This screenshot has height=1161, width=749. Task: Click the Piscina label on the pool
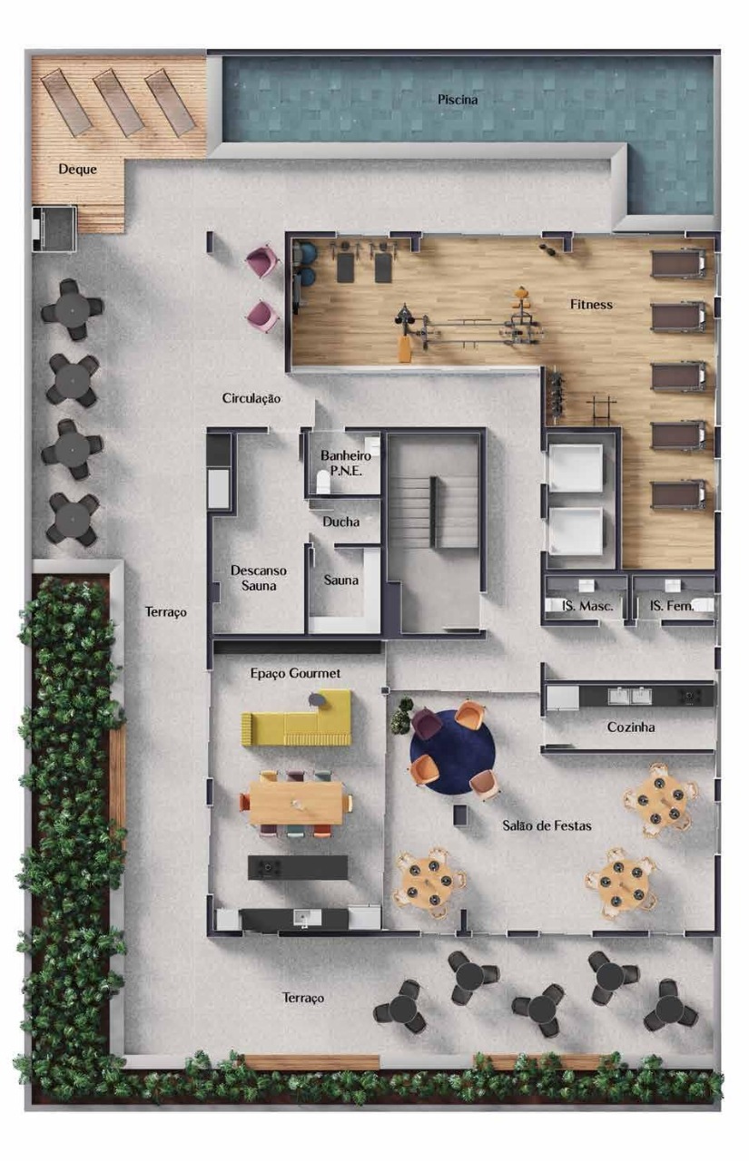pos(457,100)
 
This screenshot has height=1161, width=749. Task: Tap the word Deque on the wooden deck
pos(77,169)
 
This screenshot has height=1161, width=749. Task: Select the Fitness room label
pos(591,304)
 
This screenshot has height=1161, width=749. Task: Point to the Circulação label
pos(251,398)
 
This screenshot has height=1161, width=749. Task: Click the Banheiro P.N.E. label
pos(346,463)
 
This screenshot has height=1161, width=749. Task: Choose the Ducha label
pos(340,522)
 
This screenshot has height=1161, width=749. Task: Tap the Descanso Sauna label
pos(259,578)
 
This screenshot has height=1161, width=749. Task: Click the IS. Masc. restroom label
pos(587,605)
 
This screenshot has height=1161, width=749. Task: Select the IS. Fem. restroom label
pos(672,605)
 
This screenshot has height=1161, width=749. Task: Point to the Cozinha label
pos(631,727)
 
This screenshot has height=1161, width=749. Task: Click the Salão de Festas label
pos(547,825)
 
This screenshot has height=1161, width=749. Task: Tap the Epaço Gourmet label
pos(295,673)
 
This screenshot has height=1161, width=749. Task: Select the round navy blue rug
pos(452,752)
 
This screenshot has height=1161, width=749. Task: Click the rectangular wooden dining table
pos(296,803)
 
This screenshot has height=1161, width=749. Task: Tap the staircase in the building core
pos(435,512)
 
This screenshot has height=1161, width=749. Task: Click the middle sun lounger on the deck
pos(119,102)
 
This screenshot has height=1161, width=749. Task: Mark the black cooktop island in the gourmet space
pos(298,868)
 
